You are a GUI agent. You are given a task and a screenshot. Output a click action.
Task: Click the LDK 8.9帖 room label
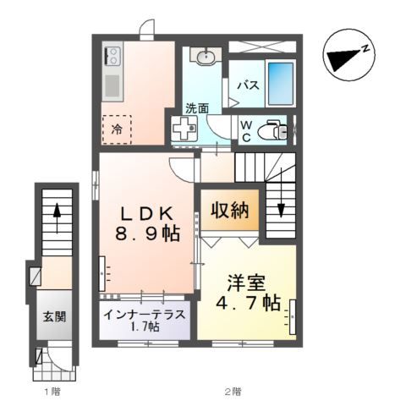[x=149, y=222]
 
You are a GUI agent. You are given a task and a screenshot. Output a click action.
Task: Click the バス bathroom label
[x=247, y=85]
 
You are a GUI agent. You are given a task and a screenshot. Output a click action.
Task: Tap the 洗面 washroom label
[x=197, y=108]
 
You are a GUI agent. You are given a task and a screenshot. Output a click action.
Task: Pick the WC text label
[x=245, y=131]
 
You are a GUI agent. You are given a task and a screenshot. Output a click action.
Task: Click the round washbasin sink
[x=205, y=58]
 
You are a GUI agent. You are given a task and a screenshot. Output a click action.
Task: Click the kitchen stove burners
[x=112, y=58]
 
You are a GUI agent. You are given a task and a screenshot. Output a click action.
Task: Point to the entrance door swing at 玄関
[x=58, y=359]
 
